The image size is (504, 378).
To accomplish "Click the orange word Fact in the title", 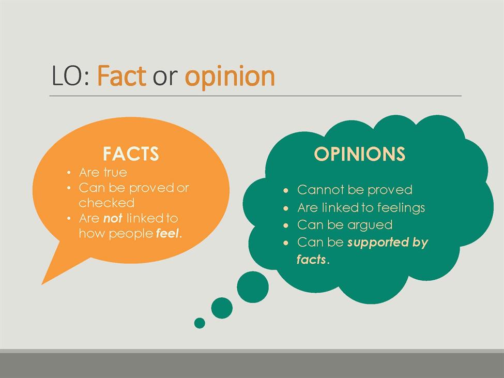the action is coord(121,76).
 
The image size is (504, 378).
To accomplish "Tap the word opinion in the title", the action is coord(230,77).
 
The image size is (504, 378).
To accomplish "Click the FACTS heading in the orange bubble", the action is coord(131,154).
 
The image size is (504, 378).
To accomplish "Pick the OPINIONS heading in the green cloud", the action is coord(359,154).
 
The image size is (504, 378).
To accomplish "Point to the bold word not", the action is coord(113,219).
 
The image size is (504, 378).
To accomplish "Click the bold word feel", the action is coord(167,233).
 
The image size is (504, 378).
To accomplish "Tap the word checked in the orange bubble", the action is coord(106,203).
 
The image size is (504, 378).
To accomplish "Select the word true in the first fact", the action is coord(115,173).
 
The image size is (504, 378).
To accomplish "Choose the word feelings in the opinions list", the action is coord(401,208).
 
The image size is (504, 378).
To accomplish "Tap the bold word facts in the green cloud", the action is coord(311,260).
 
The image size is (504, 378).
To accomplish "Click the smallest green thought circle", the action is coord(200,323).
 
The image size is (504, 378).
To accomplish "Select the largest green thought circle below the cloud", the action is coord(253,287).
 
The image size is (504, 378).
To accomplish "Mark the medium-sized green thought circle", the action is coord(222,308).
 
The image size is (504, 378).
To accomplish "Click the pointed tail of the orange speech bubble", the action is coord(42,284).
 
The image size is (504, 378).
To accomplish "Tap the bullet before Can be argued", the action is coord(286,225).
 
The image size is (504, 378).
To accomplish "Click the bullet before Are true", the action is coord(69,173).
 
